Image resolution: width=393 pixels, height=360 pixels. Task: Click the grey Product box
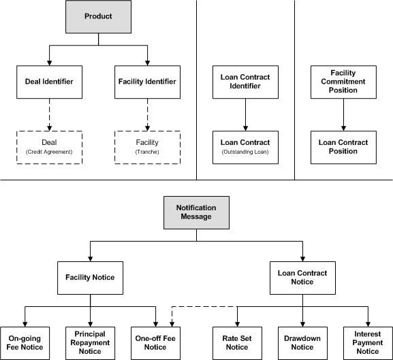98,16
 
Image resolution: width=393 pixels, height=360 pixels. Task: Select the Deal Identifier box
49,82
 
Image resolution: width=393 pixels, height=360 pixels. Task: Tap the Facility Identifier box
147,82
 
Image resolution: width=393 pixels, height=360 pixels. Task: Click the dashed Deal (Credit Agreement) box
49,147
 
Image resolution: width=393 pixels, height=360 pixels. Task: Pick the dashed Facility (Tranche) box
147,147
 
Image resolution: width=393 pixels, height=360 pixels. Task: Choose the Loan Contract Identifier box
245,82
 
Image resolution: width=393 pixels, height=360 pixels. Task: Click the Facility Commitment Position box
343,82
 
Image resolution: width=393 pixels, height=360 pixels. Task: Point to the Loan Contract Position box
343,147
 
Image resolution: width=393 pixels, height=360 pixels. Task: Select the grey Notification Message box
196,212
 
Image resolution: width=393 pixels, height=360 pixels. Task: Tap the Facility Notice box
90,278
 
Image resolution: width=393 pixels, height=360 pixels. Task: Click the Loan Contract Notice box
302,278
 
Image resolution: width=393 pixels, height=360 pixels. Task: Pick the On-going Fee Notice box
25,343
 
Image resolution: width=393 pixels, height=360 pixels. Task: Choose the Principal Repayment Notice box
90,343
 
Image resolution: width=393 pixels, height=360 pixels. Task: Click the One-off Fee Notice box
155,343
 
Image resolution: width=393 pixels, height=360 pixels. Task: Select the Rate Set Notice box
237,343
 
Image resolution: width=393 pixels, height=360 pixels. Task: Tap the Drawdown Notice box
302,343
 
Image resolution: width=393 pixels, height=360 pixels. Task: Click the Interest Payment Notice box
368,343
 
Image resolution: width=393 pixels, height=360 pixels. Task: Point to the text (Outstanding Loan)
245,152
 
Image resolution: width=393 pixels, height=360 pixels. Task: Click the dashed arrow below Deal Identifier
49,114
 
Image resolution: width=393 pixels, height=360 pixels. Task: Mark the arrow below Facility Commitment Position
343,114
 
